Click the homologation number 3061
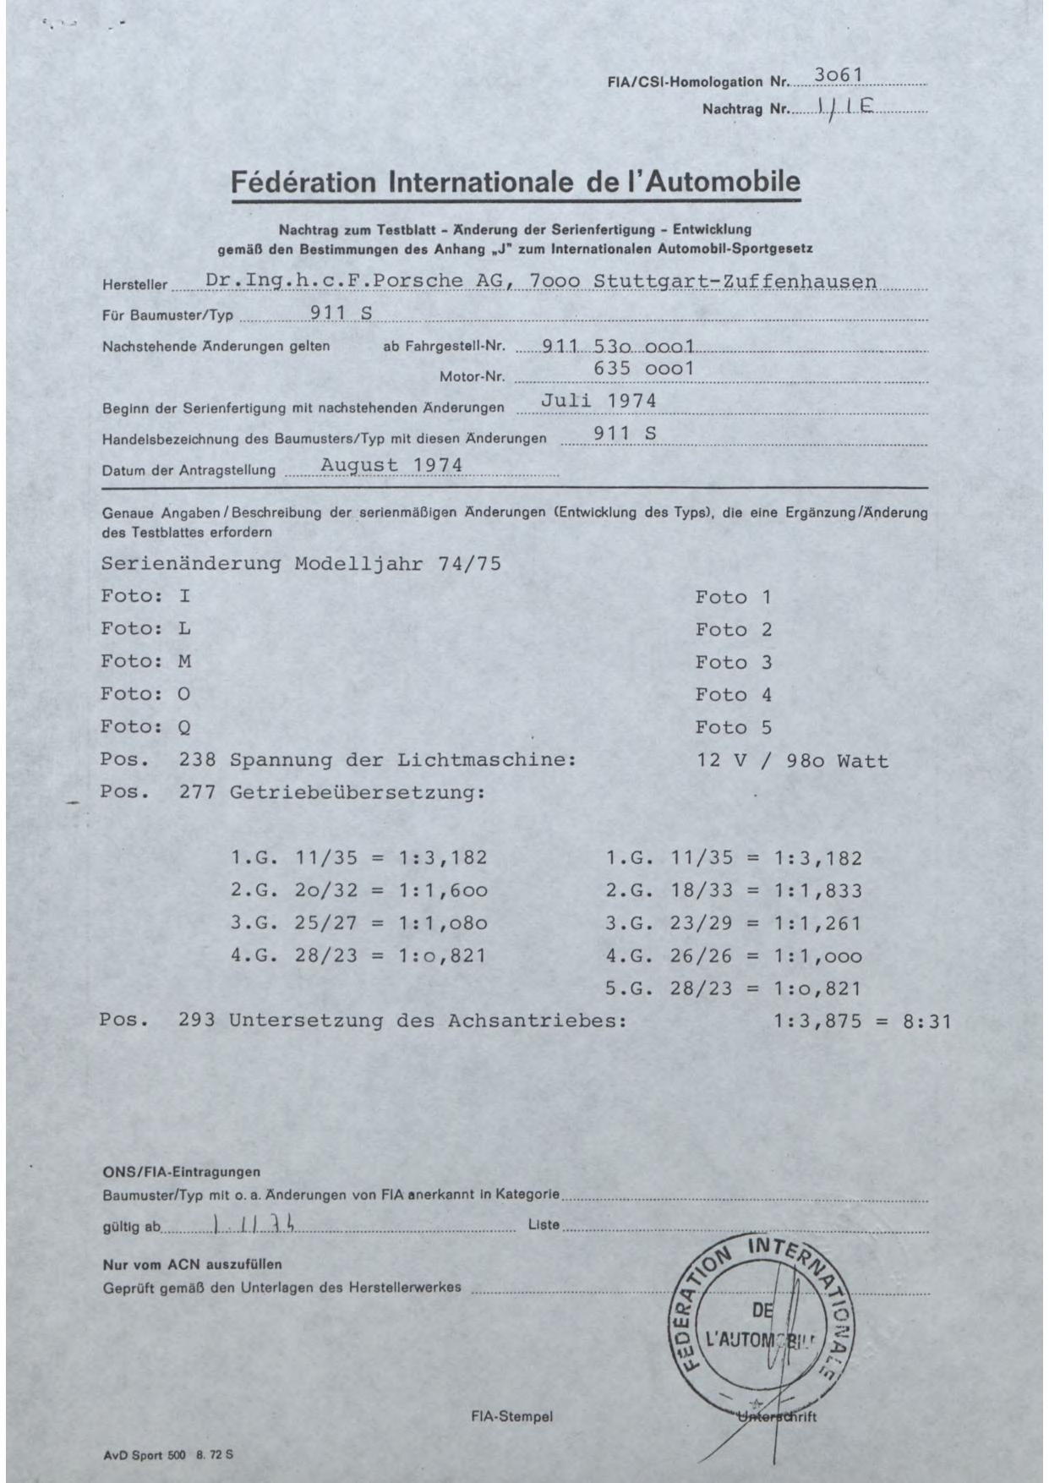pos(838,75)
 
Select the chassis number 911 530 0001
pos(618,345)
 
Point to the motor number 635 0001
pos(643,369)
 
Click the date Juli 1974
pos(598,401)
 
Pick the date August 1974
pos(391,465)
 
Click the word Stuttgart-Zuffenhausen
pos(735,281)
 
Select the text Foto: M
pos(145,661)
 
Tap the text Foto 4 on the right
pos(734,695)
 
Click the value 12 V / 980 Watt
pos(793,760)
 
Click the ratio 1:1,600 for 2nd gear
pos(443,890)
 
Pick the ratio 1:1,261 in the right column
pos(817,923)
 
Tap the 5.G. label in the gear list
pos(630,988)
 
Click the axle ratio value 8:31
pos(927,1021)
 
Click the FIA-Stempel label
pos(511,1416)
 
